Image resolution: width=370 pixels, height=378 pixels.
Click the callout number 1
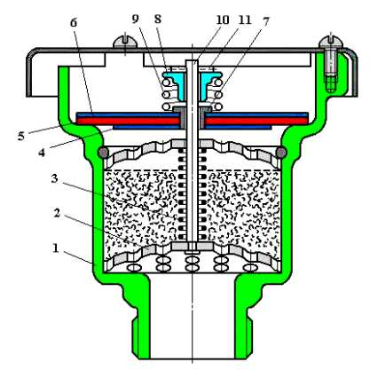tap(56, 248)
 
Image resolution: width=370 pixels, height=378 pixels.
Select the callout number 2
tap(58, 214)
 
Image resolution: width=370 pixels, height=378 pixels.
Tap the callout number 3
tap(54, 178)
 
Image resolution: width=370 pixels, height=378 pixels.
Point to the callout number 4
tap(42, 153)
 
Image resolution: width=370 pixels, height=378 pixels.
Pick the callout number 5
tap(21, 136)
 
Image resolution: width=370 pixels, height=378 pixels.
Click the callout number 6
tap(74, 23)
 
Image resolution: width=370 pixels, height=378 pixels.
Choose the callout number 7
tap(265, 21)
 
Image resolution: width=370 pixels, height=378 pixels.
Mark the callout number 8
tap(158, 20)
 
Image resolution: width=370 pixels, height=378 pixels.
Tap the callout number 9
tap(135, 20)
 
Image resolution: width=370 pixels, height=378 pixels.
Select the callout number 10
tap(223, 20)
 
